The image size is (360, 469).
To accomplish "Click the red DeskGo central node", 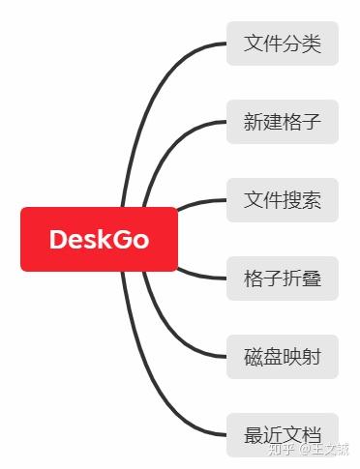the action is (99, 239).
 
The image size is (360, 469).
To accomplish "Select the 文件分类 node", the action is (283, 44).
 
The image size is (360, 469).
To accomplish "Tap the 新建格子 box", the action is (283, 123).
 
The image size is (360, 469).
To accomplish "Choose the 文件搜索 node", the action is (283, 201).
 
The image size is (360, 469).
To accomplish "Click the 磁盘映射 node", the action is (283, 358).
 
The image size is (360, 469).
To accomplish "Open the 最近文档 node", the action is (283, 436).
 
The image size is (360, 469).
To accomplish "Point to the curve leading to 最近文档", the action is (155, 387).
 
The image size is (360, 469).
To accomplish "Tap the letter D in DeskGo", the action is (58, 239).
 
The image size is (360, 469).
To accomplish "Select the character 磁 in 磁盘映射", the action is (254, 358).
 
